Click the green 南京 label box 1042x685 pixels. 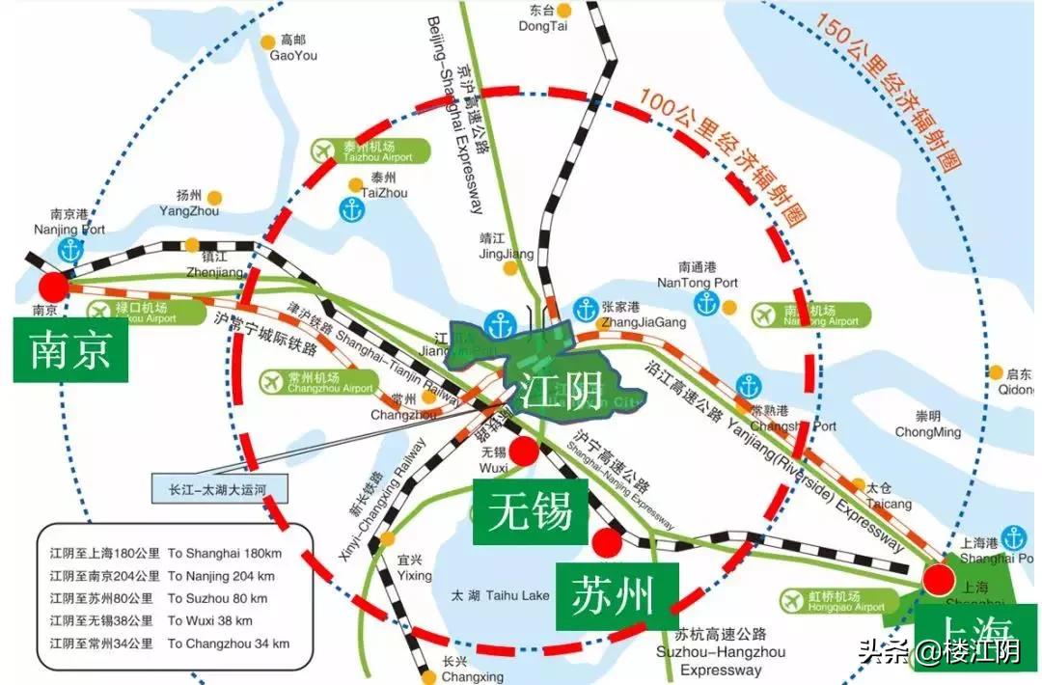coord(69,351)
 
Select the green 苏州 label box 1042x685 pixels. coord(615,596)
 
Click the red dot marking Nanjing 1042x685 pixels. coord(53,287)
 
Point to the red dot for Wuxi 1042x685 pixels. coord(524,451)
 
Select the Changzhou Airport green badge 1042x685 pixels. coord(317,382)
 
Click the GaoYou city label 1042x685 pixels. coord(292,49)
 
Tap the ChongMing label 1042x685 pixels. coord(927,425)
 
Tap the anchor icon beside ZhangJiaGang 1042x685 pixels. coord(585,310)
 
